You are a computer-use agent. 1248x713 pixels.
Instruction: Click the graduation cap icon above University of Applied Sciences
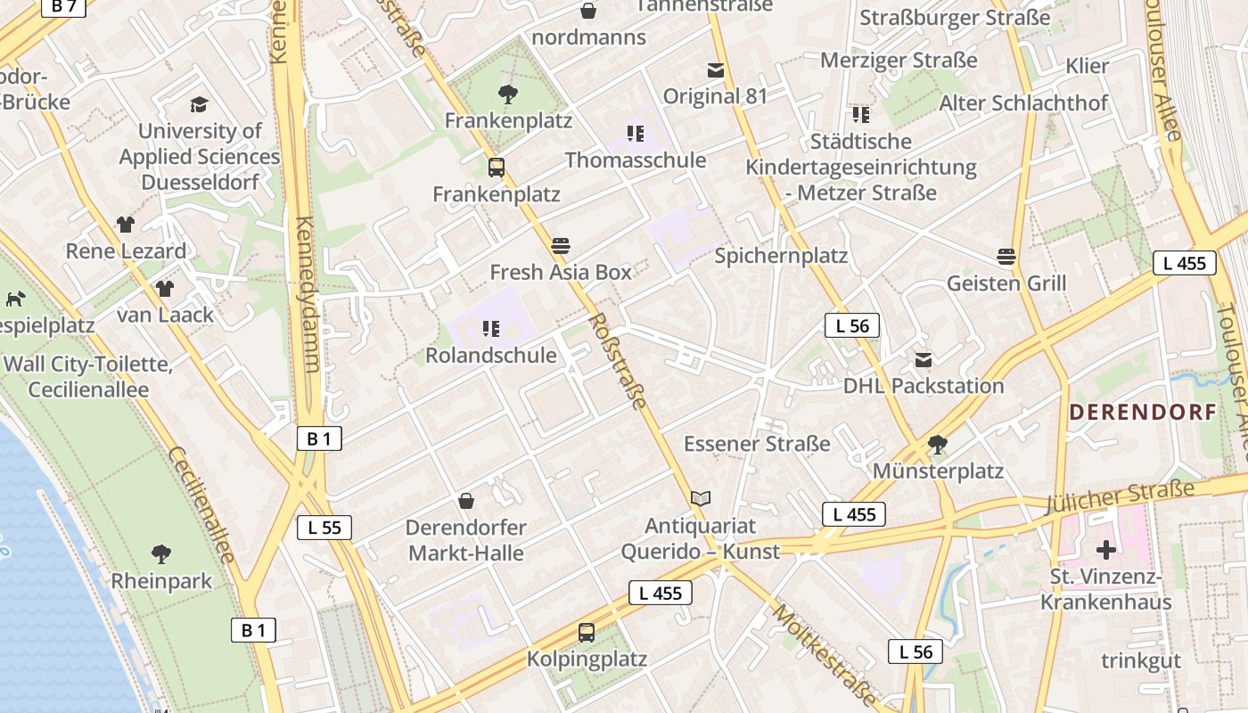click(x=198, y=104)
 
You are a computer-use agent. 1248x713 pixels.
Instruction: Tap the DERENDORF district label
click(x=1143, y=412)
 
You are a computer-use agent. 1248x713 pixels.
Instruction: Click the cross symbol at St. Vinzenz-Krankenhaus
click(x=1106, y=550)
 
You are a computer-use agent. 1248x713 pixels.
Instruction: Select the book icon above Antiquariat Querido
click(x=701, y=499)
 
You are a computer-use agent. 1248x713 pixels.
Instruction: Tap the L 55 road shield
click(x=324, y=527)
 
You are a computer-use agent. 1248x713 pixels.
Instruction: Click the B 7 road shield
click(x=63, y=6)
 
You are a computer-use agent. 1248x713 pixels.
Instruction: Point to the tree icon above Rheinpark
click(x=161, y=554)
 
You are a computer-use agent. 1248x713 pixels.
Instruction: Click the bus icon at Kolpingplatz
click(x=586, y=633)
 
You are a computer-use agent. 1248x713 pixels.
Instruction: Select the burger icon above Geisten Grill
click(x=1006, y=257)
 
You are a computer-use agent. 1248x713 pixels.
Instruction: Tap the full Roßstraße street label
click(x=617, y=360)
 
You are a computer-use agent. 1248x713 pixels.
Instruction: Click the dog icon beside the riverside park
click(x=15, y=299)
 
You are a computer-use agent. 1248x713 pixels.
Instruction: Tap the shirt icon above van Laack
click(x=165, y=288)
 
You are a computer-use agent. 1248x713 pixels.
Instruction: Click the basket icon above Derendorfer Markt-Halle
click(x=465, y=501)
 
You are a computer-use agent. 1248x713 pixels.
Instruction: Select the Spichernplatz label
click(x=781, y=256)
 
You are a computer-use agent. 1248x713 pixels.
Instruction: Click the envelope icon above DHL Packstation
click(x=924, y=360)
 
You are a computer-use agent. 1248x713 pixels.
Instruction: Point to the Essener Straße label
click(x=757, y=443)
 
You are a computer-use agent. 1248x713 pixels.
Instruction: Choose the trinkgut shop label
click(x=1140, y=660)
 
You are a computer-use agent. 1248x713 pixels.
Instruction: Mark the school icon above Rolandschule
click(x=490, y=329)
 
